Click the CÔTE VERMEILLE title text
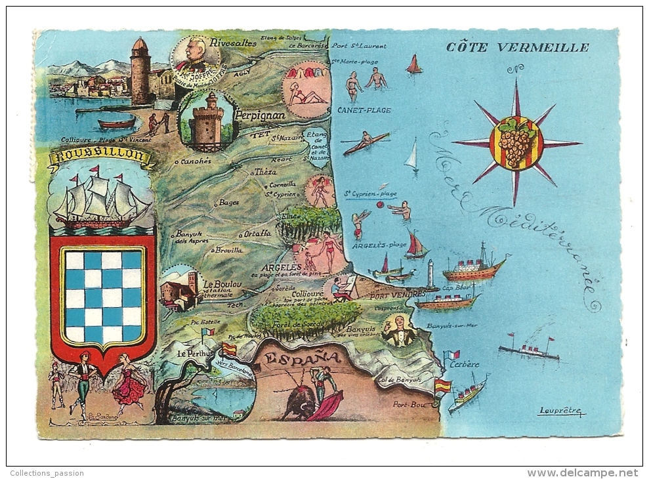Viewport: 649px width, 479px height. (x=517, y=47)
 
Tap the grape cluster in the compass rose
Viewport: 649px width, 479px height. (x=516, y=142)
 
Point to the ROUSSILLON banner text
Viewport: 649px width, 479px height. (x=100, y=156)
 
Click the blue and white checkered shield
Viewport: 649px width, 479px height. (x=103, y=297)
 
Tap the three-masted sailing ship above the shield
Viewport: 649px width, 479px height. (x=100, y=199)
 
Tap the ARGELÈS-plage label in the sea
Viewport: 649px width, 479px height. (x=379, y=245)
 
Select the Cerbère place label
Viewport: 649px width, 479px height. (x=465, y=364)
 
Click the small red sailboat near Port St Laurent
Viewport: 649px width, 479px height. (x=413, y=64)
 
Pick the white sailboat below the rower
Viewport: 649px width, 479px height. (x=411, y=157)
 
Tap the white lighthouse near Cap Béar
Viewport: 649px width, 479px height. (x=430, y=274)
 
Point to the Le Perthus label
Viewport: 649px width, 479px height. (x=196, y=353)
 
